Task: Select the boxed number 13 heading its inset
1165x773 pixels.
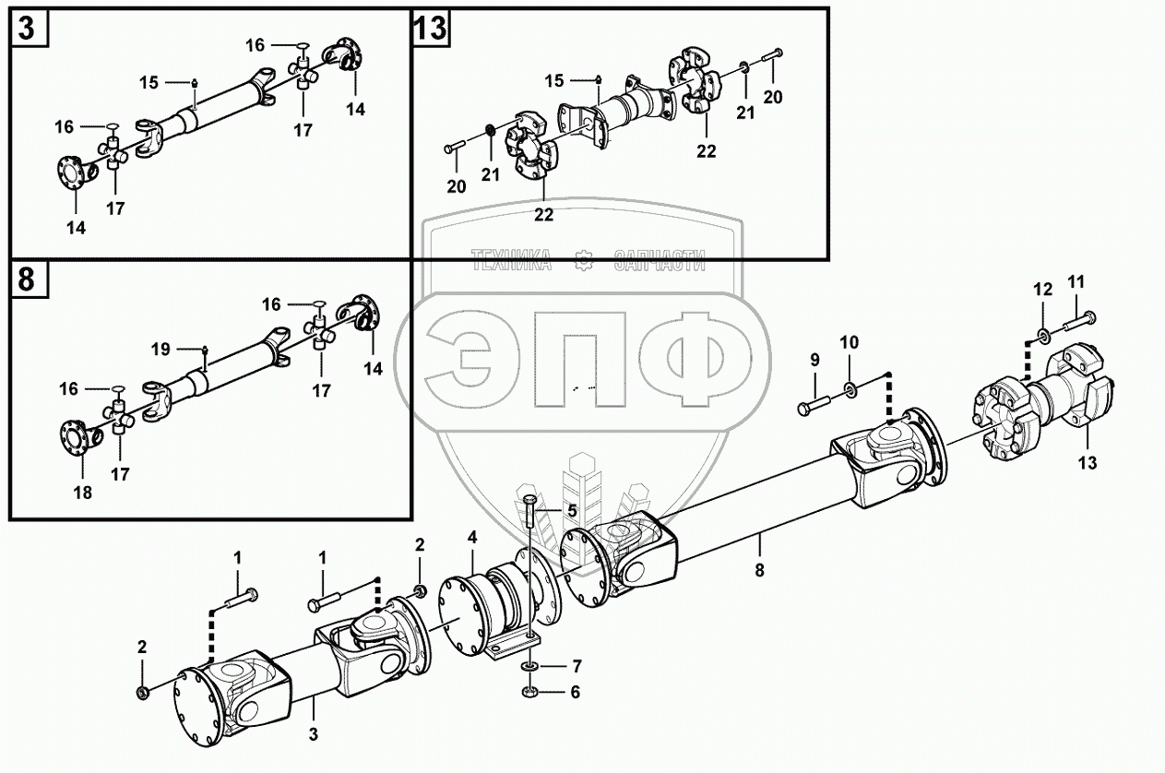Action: (431, 30)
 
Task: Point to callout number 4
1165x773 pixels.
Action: (471, 536)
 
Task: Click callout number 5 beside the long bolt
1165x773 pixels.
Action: (572, 510)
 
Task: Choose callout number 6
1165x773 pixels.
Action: (575, 691)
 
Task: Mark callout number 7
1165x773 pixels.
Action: (577, 665)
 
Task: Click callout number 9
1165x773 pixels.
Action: (814, 361)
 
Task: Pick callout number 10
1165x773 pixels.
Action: (849, 342)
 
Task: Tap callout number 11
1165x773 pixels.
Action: (1076, 281)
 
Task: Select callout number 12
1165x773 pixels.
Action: (1042, 290)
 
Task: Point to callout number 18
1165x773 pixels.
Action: (83, 492)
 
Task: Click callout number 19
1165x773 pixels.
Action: (161, 349)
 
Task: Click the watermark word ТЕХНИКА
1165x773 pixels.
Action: (511, 261)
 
